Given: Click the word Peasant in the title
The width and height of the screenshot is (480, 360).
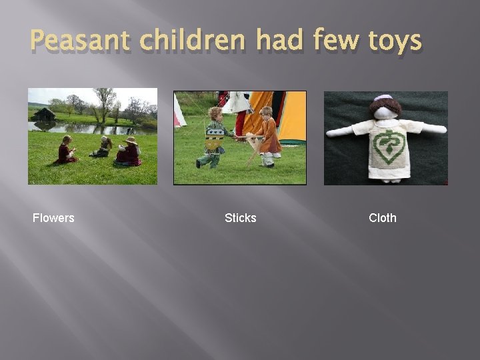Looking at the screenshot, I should tap(81, 41).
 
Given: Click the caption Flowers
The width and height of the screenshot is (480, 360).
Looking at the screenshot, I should tap(53, 218).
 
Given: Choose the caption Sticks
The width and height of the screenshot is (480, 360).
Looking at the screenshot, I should tap(240, 218).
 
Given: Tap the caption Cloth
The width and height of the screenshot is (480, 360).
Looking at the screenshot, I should tap(382, 218).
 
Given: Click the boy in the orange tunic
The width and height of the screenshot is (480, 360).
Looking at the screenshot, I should tap(269, 137).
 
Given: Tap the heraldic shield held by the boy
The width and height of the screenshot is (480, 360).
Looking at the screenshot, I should tap(214, 139).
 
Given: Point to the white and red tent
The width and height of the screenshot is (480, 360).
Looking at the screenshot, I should tap(179, 112).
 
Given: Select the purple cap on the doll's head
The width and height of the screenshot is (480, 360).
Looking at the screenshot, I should tap(383, 98).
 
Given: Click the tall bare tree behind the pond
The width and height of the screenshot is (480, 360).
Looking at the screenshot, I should tap(104, 103).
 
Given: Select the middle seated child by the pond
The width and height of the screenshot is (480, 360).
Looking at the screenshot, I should tap(103, 148).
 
